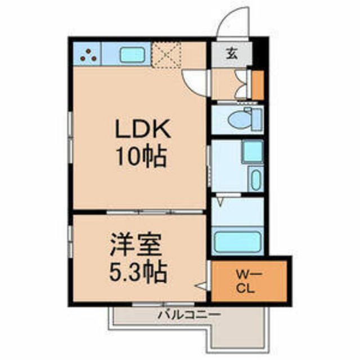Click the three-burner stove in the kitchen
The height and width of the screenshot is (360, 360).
[x=87, y=54]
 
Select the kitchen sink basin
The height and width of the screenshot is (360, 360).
[x=133, y=55]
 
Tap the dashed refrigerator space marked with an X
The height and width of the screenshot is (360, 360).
[x=166, y=55]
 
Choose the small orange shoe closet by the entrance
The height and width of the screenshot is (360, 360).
[x=258, y=85]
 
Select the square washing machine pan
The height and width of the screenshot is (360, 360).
[x=253, y=151]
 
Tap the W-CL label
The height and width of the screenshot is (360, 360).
[x=246, y=281]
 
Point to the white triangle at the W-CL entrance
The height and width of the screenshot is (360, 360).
[x=201, y=286]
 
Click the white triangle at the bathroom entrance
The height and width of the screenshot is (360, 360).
[x=220, y=202]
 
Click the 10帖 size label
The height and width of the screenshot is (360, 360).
[x=141, y=156]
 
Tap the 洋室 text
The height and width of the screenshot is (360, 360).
[x=136, y=245]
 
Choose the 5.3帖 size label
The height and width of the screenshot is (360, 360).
[x=138, y=272]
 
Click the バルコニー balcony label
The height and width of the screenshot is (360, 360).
[x=189, y=314]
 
